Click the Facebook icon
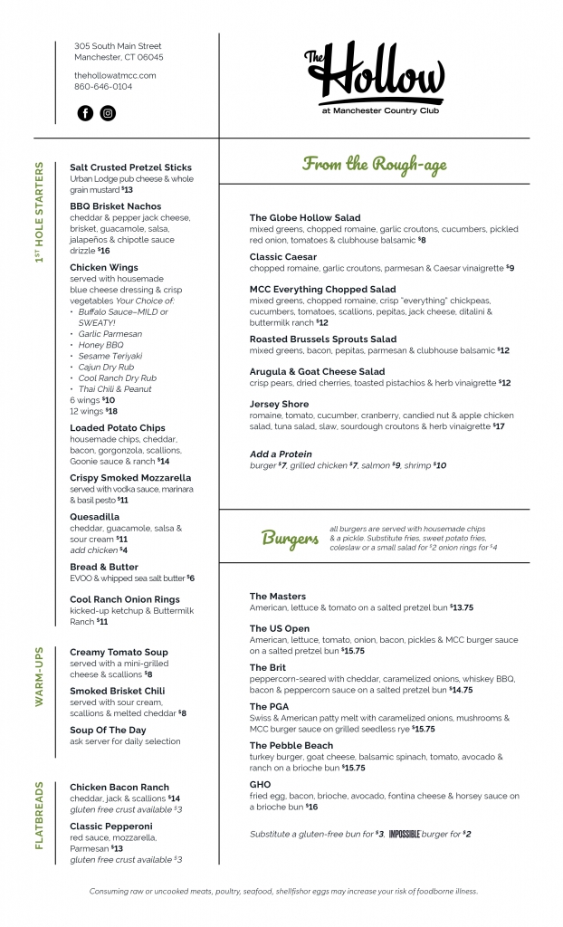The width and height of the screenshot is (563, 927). pyautogui.click(x=85, y=113)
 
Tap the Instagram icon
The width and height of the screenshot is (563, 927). pyautogui.click(x=108, y=113)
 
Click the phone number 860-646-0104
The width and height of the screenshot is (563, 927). pyautogui.click(x=103, y=87)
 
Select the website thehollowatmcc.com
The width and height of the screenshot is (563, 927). pyautogui.click(x=115, y=75)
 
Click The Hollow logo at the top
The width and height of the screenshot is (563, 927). pyautogui.click(x=374, y=76)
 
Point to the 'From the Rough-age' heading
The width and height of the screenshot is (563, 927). pyautogui.click(x=374, y=164)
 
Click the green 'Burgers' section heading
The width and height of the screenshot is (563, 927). pyautogui.click(x=290, y=539)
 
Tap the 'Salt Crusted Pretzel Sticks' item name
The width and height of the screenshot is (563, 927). pyautogui.click(x=130, y=167)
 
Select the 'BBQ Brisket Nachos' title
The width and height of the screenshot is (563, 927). pyautogui.click(x=116, y=206)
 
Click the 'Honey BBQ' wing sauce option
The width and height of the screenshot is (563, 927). pyautogui.click(x=101, y=345)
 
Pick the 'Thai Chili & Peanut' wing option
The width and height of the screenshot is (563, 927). pyautogui.click(x=114, y=388)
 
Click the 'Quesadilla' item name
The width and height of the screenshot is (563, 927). pyautogui.click(x=94, y=517)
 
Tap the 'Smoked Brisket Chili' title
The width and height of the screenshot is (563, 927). pyautogui.click(x=117, y=691)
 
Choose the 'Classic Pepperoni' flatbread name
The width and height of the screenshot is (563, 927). pyautogui.click(x=110, y=827)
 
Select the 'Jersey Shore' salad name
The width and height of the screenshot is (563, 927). pyautogui.click(x=279, y=404)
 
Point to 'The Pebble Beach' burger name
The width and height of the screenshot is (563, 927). pyautogui.click(x=291, y=746)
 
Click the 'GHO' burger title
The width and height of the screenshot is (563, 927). pyautogui.click(x=260, y=785)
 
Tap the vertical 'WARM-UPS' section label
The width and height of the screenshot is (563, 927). pyautogui.click(x=40, y=676)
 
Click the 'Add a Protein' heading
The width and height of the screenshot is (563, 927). pyautogui.click(x=281, y=454)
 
